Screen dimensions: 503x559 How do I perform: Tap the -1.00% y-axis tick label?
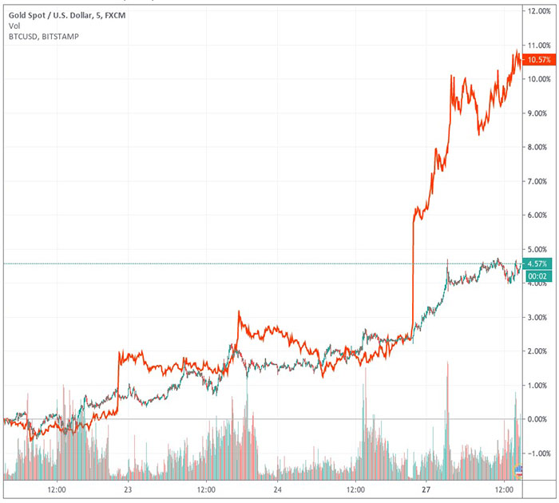535,453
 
